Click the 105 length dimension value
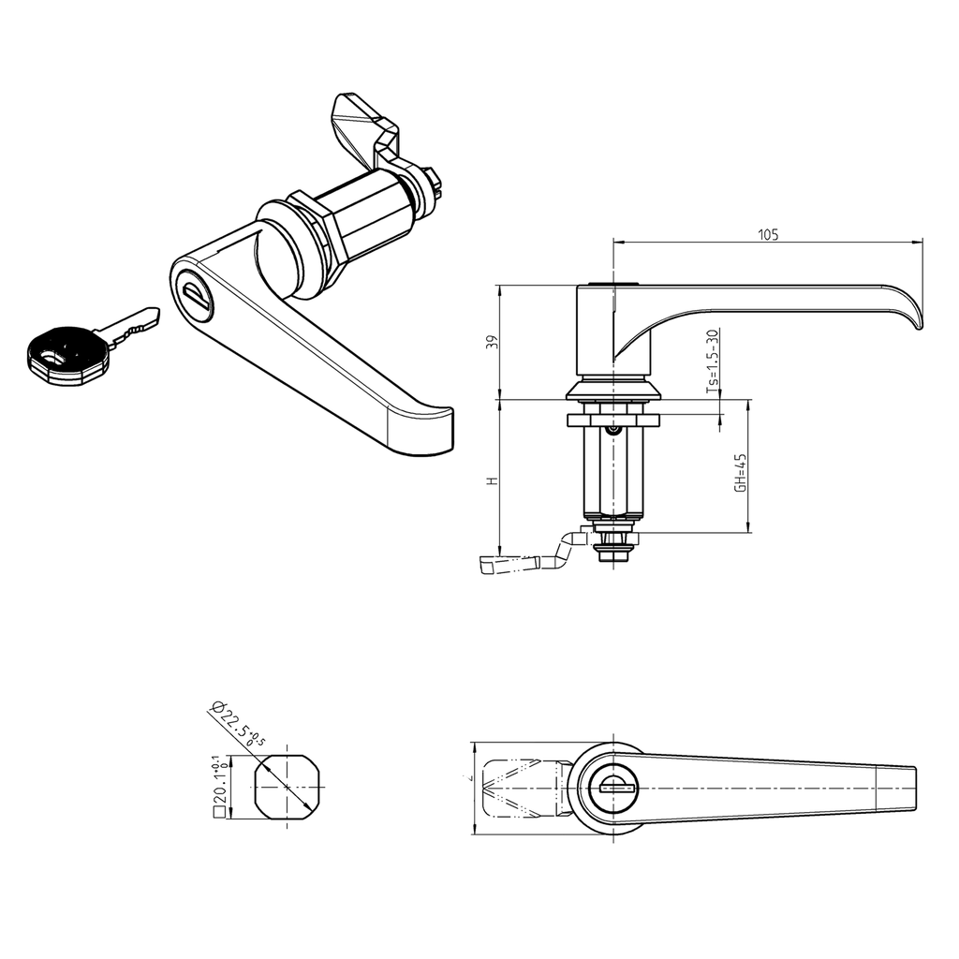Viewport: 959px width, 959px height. [768, 235]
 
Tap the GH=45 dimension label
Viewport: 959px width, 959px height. [739, 473]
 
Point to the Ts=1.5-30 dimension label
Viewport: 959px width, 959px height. [712, 360]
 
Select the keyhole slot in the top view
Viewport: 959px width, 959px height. [614, 788]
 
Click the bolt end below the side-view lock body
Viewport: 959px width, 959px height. [613, 553]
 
